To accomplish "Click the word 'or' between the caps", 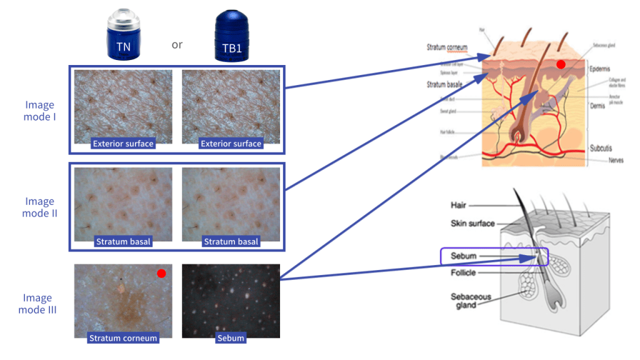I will (177, 45).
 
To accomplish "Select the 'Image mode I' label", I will (39, 111).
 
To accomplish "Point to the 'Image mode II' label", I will (39, 207).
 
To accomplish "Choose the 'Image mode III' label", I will (39, 304).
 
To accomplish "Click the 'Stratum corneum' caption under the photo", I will (123, 338).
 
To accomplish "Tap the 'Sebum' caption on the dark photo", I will (231, 338).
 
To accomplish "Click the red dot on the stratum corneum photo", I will (161, 273).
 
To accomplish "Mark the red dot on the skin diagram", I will (561, 64).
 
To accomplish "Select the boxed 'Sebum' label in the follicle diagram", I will (464, 256).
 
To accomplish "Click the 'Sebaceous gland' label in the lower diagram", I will (471, 301).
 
